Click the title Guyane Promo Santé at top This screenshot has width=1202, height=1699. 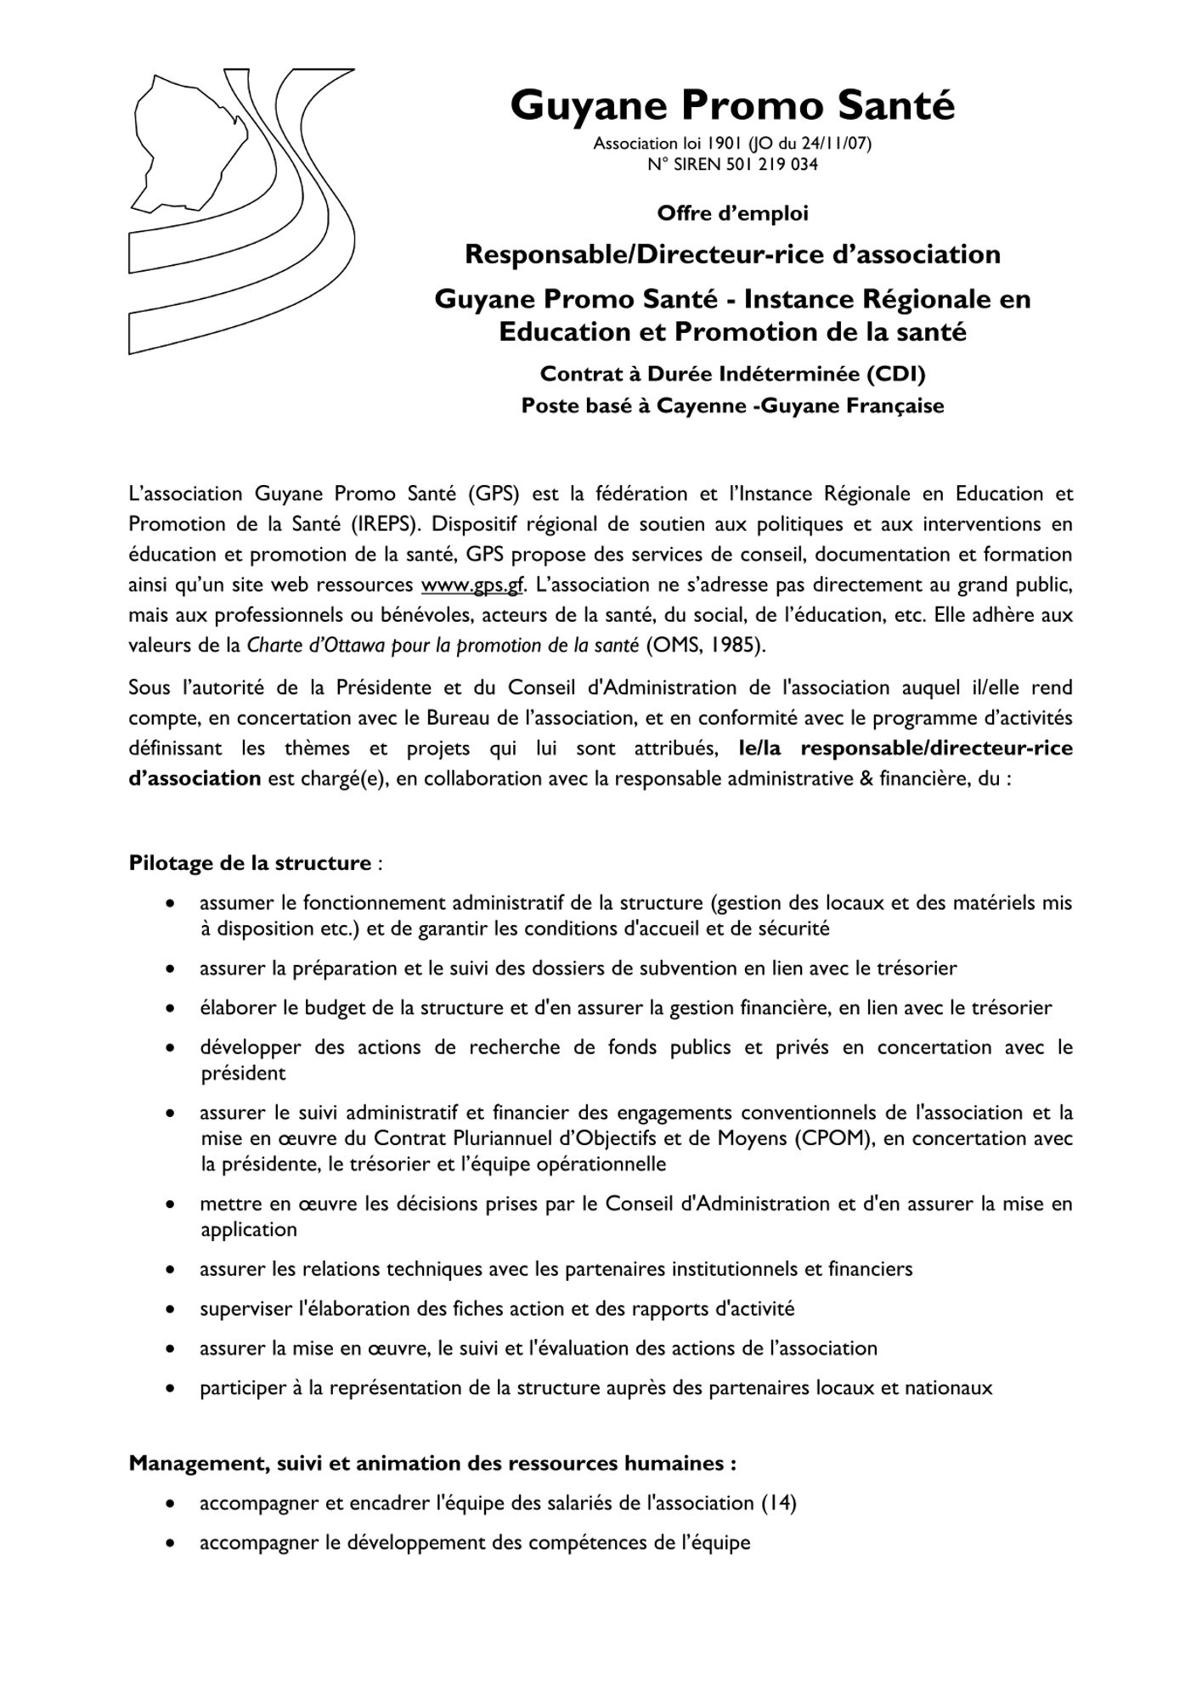coord(732,107)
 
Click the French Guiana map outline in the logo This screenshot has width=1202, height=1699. coord(183,140)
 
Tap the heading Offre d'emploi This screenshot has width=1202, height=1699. coord(732,214)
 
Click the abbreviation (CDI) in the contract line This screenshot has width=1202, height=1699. coord(894,374)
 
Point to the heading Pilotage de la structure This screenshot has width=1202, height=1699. coord(250,864)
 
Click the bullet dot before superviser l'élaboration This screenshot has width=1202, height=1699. coord(172,1309)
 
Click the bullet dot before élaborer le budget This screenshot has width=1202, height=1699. coord(172,1008)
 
